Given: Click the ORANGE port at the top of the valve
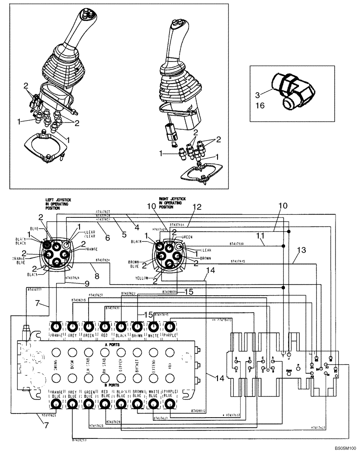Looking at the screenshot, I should click(56, 326).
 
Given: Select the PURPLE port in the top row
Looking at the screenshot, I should click(170, 326).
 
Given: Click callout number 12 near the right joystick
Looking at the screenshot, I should click(196, 207).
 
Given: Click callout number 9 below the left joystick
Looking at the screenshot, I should click(86, 283).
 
